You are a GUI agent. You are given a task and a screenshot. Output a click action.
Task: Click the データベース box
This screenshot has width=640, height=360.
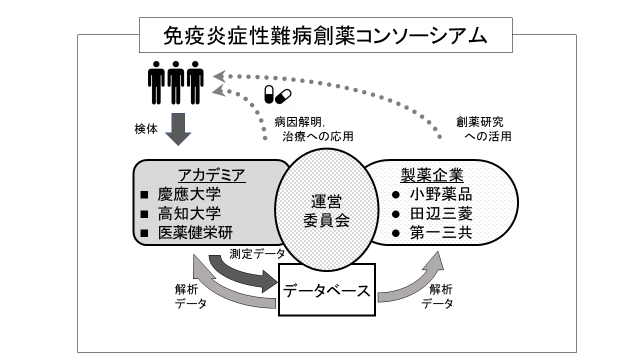coord(326,292)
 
